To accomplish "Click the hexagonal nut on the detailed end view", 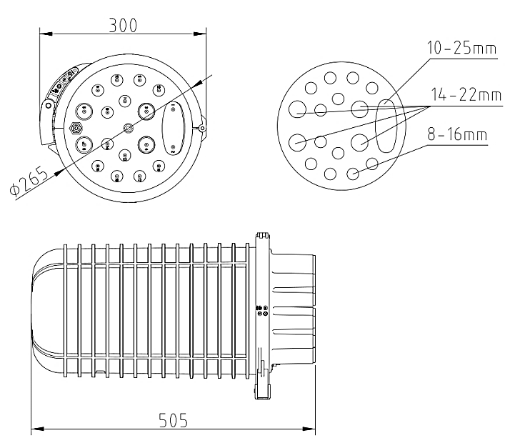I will coord(75,129).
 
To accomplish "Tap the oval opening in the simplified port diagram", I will coord(387,126).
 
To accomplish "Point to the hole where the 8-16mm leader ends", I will coord(353,174).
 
